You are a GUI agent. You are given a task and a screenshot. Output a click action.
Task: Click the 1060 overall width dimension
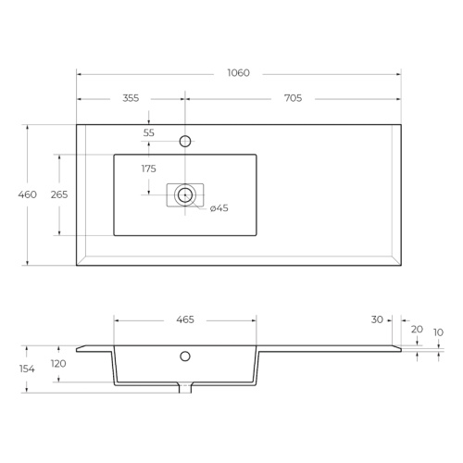point(238,73)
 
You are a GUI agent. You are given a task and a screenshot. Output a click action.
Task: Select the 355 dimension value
point(131,98)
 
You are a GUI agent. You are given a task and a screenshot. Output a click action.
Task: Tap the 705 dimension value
point(293,98)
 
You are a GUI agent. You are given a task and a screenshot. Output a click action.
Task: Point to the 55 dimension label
point(149,132)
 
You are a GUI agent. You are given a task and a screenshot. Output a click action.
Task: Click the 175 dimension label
point(149,169)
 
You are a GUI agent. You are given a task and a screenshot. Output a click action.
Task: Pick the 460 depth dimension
point(27,194)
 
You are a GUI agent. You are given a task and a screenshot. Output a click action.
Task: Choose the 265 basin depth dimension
point(59,194)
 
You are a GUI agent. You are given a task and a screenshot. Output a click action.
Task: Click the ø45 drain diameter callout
point(219,208)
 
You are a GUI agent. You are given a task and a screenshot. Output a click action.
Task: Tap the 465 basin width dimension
point(185,319)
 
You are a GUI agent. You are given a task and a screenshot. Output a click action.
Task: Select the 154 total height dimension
point(27,369)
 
